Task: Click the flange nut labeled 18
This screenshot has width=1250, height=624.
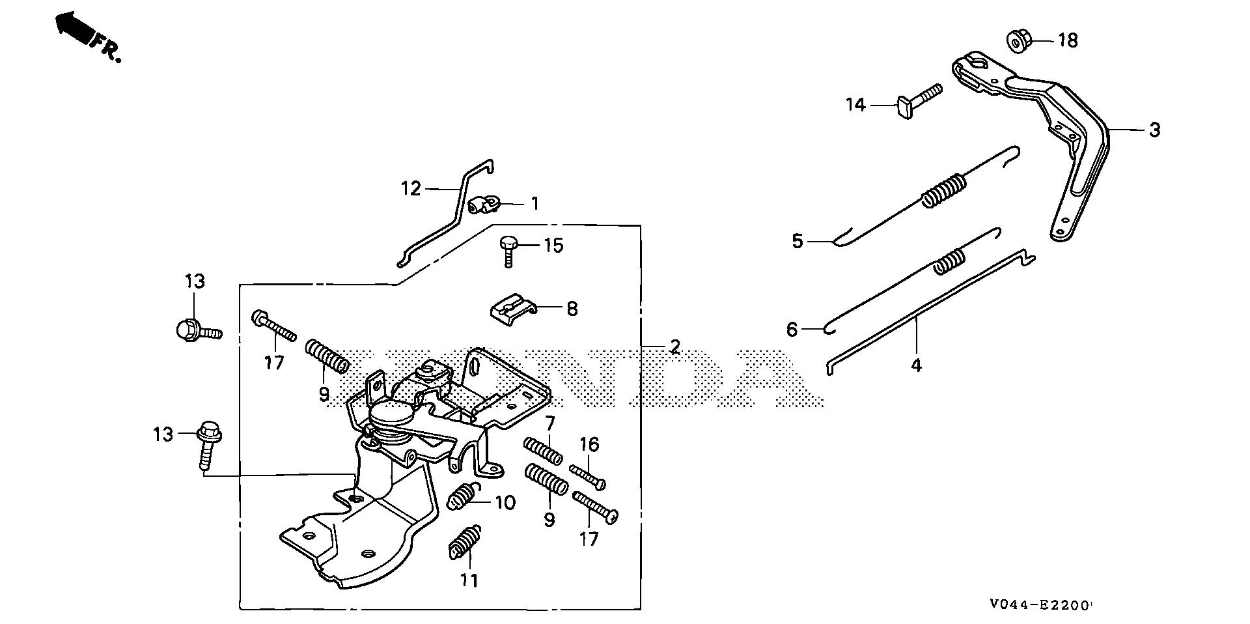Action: [x=1017, y=40]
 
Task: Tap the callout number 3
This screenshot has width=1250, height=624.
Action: [x=1154, y=130]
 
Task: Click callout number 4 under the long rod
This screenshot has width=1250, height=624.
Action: [x=916, y=365]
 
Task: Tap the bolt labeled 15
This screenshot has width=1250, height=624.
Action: [x=508, y=249]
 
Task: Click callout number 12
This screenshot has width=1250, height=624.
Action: [x=411, y=189]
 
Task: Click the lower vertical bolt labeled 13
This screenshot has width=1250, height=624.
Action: [x=208, y=443]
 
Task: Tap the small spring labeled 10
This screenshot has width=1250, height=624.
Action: [x=462, y=500]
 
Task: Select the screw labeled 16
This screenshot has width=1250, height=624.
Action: [x=587, y=476]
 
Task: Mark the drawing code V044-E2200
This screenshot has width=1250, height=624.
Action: [x=1040, y=605]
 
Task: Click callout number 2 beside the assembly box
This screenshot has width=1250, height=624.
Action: [x=674, y=346]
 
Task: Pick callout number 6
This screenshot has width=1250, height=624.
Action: [x=792, y=330]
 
